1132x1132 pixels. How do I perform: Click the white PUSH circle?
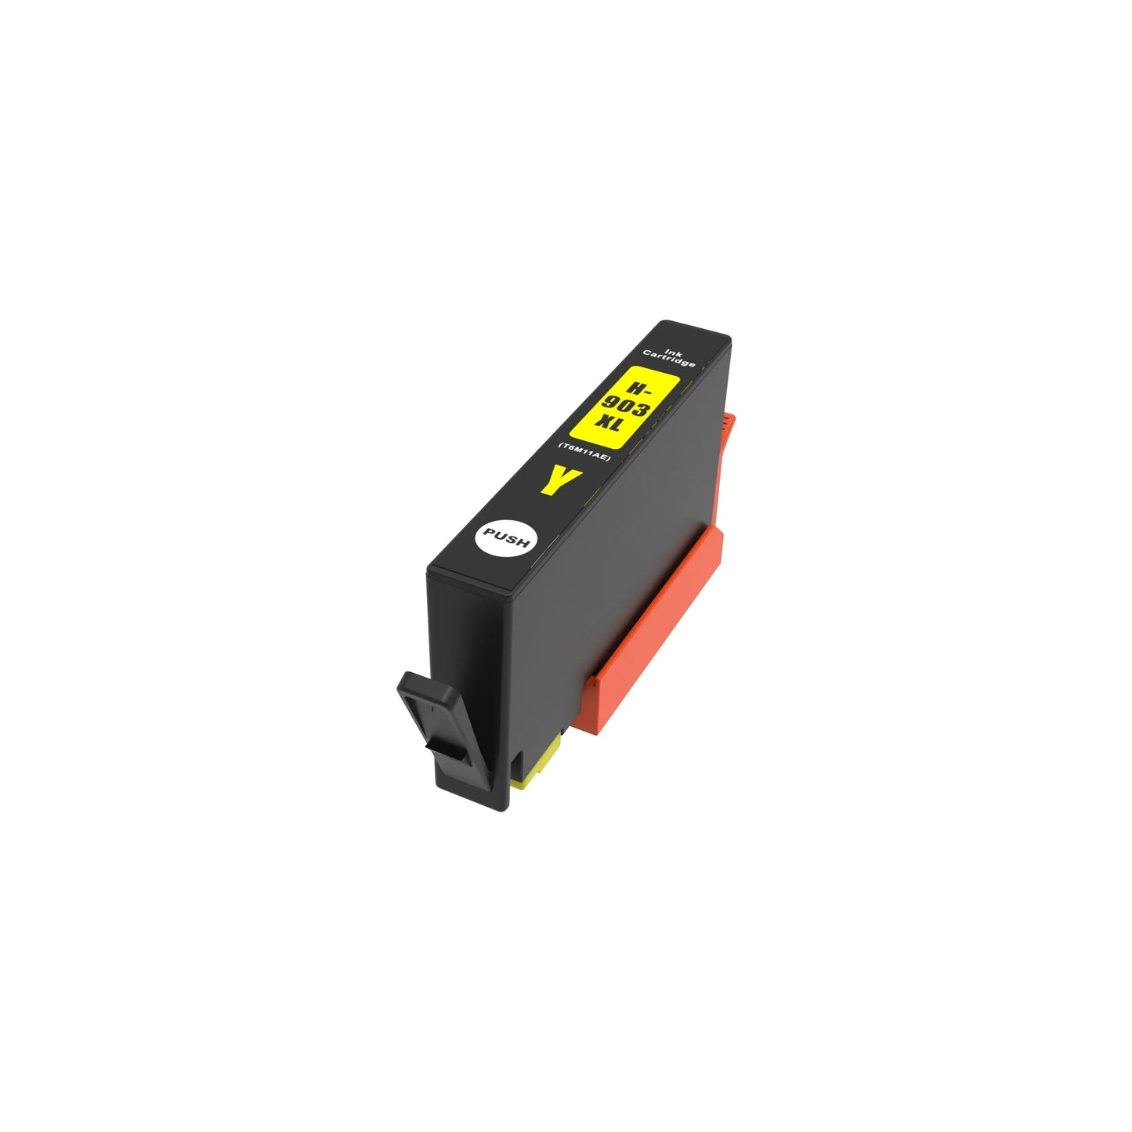pyautogui.click(x=506, y=538)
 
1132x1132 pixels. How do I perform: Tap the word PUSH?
pyautogui.click(x=506, y=538)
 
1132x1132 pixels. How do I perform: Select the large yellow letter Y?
pyautogui.click(x=560, y=479)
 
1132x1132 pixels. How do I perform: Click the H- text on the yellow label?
pyautogui.click(x=639, y=387)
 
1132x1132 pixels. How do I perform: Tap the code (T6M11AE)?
pyautogui.click(x=584, y=452)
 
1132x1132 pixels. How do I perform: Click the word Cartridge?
pyautogui.click(x=669, y=358)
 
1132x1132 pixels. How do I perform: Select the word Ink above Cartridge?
pyautogui.click(x=674, y=352)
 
